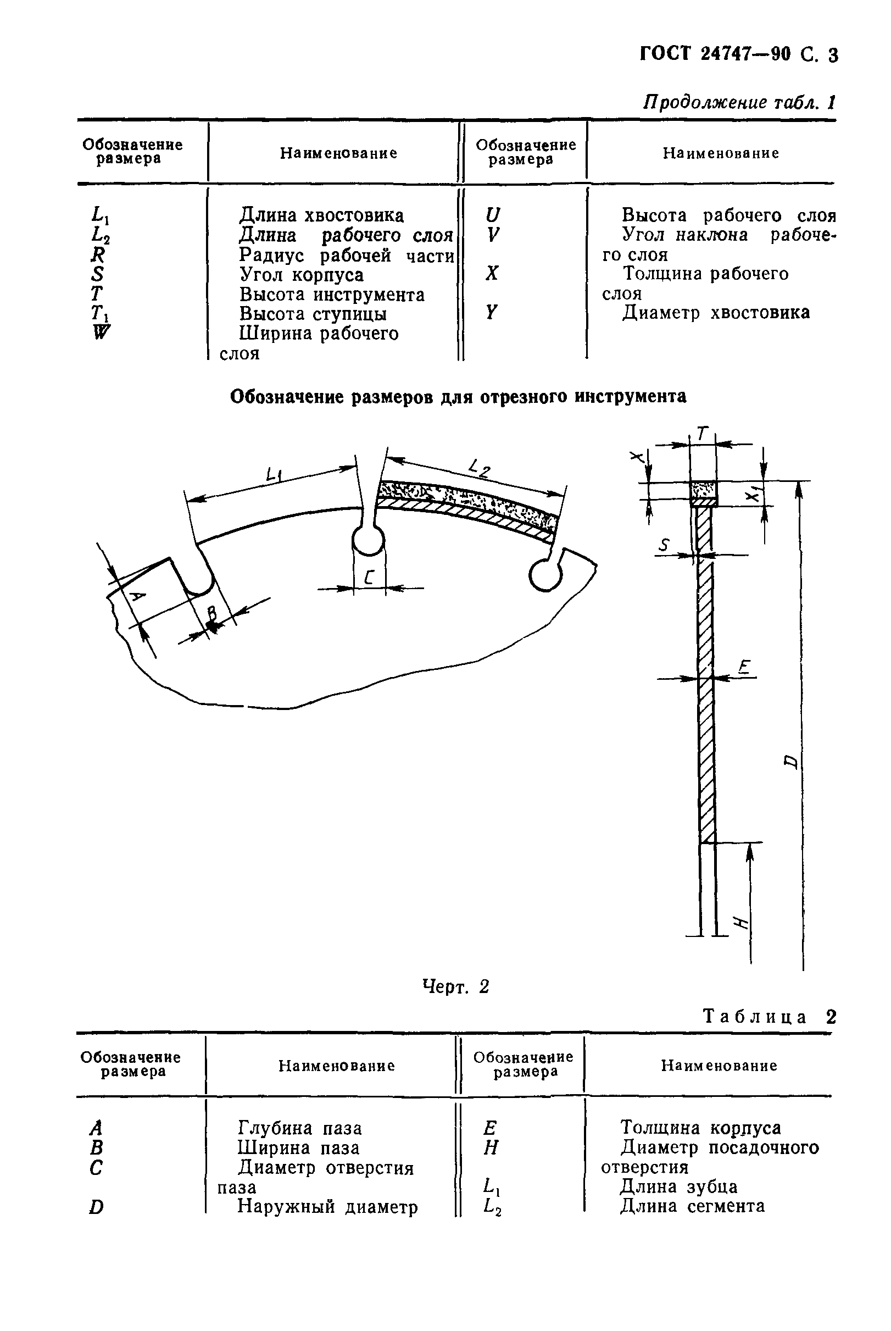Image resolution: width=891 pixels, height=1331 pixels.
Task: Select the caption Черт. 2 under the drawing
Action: click(x=456, y=986)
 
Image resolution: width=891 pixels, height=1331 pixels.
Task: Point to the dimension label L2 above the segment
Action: click(x=480, y=468)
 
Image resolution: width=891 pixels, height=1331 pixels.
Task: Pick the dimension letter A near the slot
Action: click(x=137, y=597)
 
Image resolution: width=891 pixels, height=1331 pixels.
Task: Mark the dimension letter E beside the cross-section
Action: click(x=744, y=667)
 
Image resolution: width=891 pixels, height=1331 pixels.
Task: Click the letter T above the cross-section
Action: click(x=703, y=435)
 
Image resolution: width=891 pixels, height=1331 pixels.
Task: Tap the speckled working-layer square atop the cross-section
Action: click(x=704, y=489)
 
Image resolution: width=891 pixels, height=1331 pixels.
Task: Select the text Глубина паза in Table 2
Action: click(x=299, y=1128)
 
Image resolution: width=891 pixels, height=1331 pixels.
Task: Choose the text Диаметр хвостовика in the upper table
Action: click(x=716, y=313)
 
